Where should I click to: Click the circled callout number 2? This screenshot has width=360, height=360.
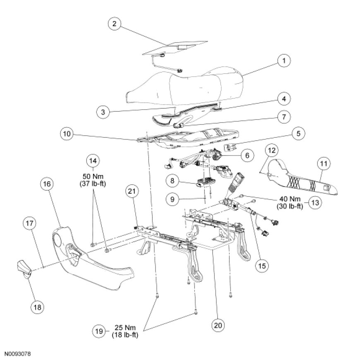pos(115,24)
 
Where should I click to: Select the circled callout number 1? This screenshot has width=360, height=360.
pos(284,61)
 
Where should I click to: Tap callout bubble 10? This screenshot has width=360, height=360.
pos(67,134)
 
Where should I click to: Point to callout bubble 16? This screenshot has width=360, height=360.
pos(47,184)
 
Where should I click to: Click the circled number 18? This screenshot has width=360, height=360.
pos(37,307)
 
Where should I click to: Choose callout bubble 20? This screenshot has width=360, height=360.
pos(218,325)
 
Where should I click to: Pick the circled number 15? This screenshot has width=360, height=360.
pos(262,266)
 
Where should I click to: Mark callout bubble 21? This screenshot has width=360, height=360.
pos(132,191)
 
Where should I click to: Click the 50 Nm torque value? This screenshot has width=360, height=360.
pos(93,177)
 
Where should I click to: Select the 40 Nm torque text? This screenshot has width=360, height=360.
pos(290,199)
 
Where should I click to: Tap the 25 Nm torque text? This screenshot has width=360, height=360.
pos(125,328)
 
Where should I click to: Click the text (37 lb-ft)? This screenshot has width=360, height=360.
pos(93,184)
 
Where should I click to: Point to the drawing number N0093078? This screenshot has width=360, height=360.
pos(18,354)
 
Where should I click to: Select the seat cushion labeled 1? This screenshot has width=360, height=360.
pos(185,86)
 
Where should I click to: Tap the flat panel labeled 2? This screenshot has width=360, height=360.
pos(175,48)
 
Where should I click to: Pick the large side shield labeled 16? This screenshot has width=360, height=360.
pos(92,258)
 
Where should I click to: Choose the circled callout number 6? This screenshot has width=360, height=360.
pos(247,156)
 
